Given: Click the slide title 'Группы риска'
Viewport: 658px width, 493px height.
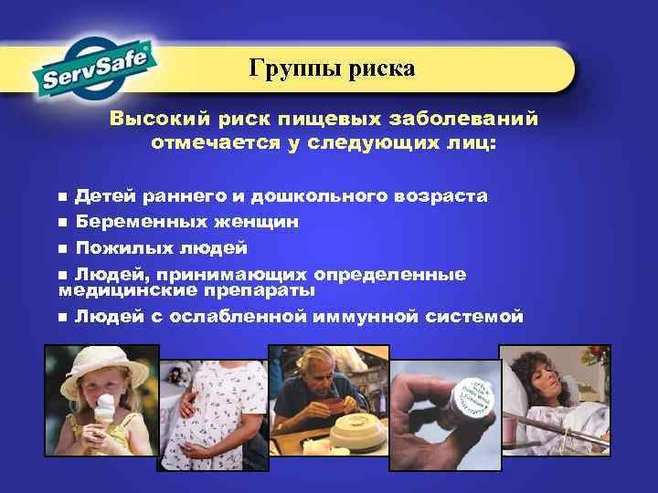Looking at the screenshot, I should click(333, 68).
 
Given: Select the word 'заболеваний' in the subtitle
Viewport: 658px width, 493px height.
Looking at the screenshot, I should click(475, 120).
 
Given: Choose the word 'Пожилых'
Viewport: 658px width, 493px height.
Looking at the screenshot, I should click(112, 247).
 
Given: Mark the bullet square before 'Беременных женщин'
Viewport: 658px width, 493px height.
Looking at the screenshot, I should click(62, 223).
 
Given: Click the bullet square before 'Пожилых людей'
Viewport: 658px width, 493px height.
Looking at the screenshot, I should click(62, 248).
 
